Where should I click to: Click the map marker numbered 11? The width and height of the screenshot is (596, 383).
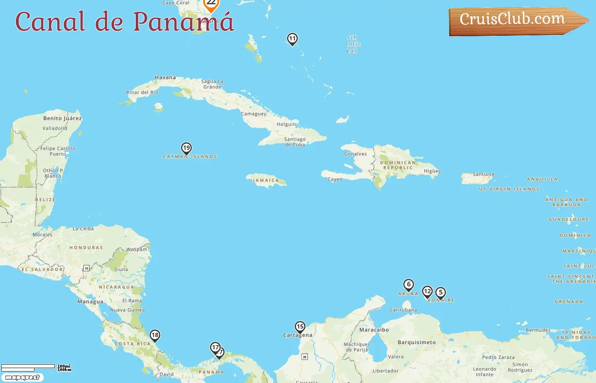[x=292, y=39]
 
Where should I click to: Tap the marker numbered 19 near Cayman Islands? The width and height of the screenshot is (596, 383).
[x=186, y=148]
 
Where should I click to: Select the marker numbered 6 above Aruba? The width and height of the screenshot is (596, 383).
[x=409, y=284]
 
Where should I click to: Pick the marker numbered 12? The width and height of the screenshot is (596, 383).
[x=427, y=292]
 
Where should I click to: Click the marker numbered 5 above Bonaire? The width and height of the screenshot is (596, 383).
[x=441, y=293]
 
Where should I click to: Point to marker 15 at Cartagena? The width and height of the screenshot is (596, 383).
[x=300, y=327]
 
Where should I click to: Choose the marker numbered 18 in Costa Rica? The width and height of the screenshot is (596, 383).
[x=155, y=335]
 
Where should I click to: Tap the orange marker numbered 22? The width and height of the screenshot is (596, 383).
[x=211, y=3]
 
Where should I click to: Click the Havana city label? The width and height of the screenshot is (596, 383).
[x=165, y=77]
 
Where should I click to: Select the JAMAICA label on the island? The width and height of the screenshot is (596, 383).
[x=266, y=180]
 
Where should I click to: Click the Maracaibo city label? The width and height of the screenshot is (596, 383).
[x=374, y=330]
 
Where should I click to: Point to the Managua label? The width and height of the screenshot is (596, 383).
[x=90, y=302]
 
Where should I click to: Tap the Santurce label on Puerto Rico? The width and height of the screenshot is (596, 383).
[x=484, y=174]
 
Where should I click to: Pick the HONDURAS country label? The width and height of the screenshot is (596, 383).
[x=86, y=248]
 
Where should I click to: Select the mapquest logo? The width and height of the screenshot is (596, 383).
[x=22, y=377]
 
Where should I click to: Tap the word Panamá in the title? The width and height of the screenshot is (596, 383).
[x=183, y=22]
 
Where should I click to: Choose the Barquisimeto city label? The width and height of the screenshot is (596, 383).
[x=416, y=343]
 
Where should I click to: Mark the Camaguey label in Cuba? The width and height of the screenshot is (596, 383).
[x=253, y=114]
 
